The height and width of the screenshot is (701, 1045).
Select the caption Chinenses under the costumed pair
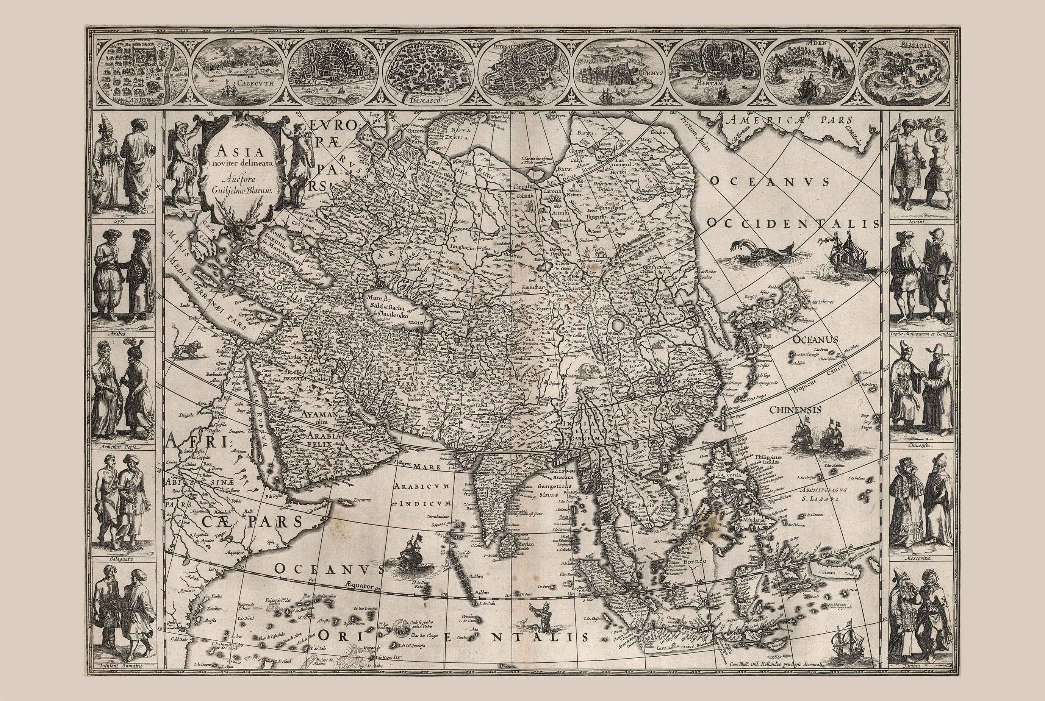click(923, 446)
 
